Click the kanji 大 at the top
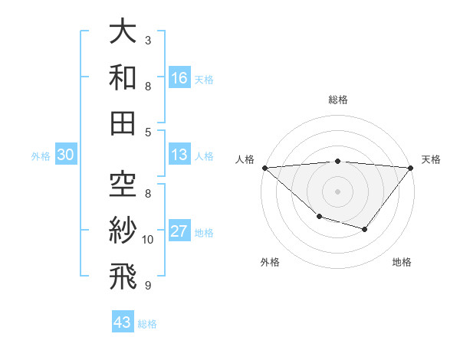tap(123, 32)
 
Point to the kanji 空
tap(123, 185)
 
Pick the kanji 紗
tap(123, 230)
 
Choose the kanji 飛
tap(123, 275)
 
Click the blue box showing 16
tap(179, 78)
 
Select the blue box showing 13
tap(179, 155)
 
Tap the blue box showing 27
tap(179, 232)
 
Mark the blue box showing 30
tap(66, 155)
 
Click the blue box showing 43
tap(123, 322)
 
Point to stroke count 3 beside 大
tap(148, 40)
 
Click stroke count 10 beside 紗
tap(148, 240)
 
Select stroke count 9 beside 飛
tap(148, 286)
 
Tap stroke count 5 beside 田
tap(148, 132)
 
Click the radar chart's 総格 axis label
tap(338, 100)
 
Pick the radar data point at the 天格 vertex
tap(411, 167)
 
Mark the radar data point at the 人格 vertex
tap(264, 167)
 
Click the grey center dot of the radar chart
tap(338, 191)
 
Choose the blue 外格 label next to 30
tap(41, 156)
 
